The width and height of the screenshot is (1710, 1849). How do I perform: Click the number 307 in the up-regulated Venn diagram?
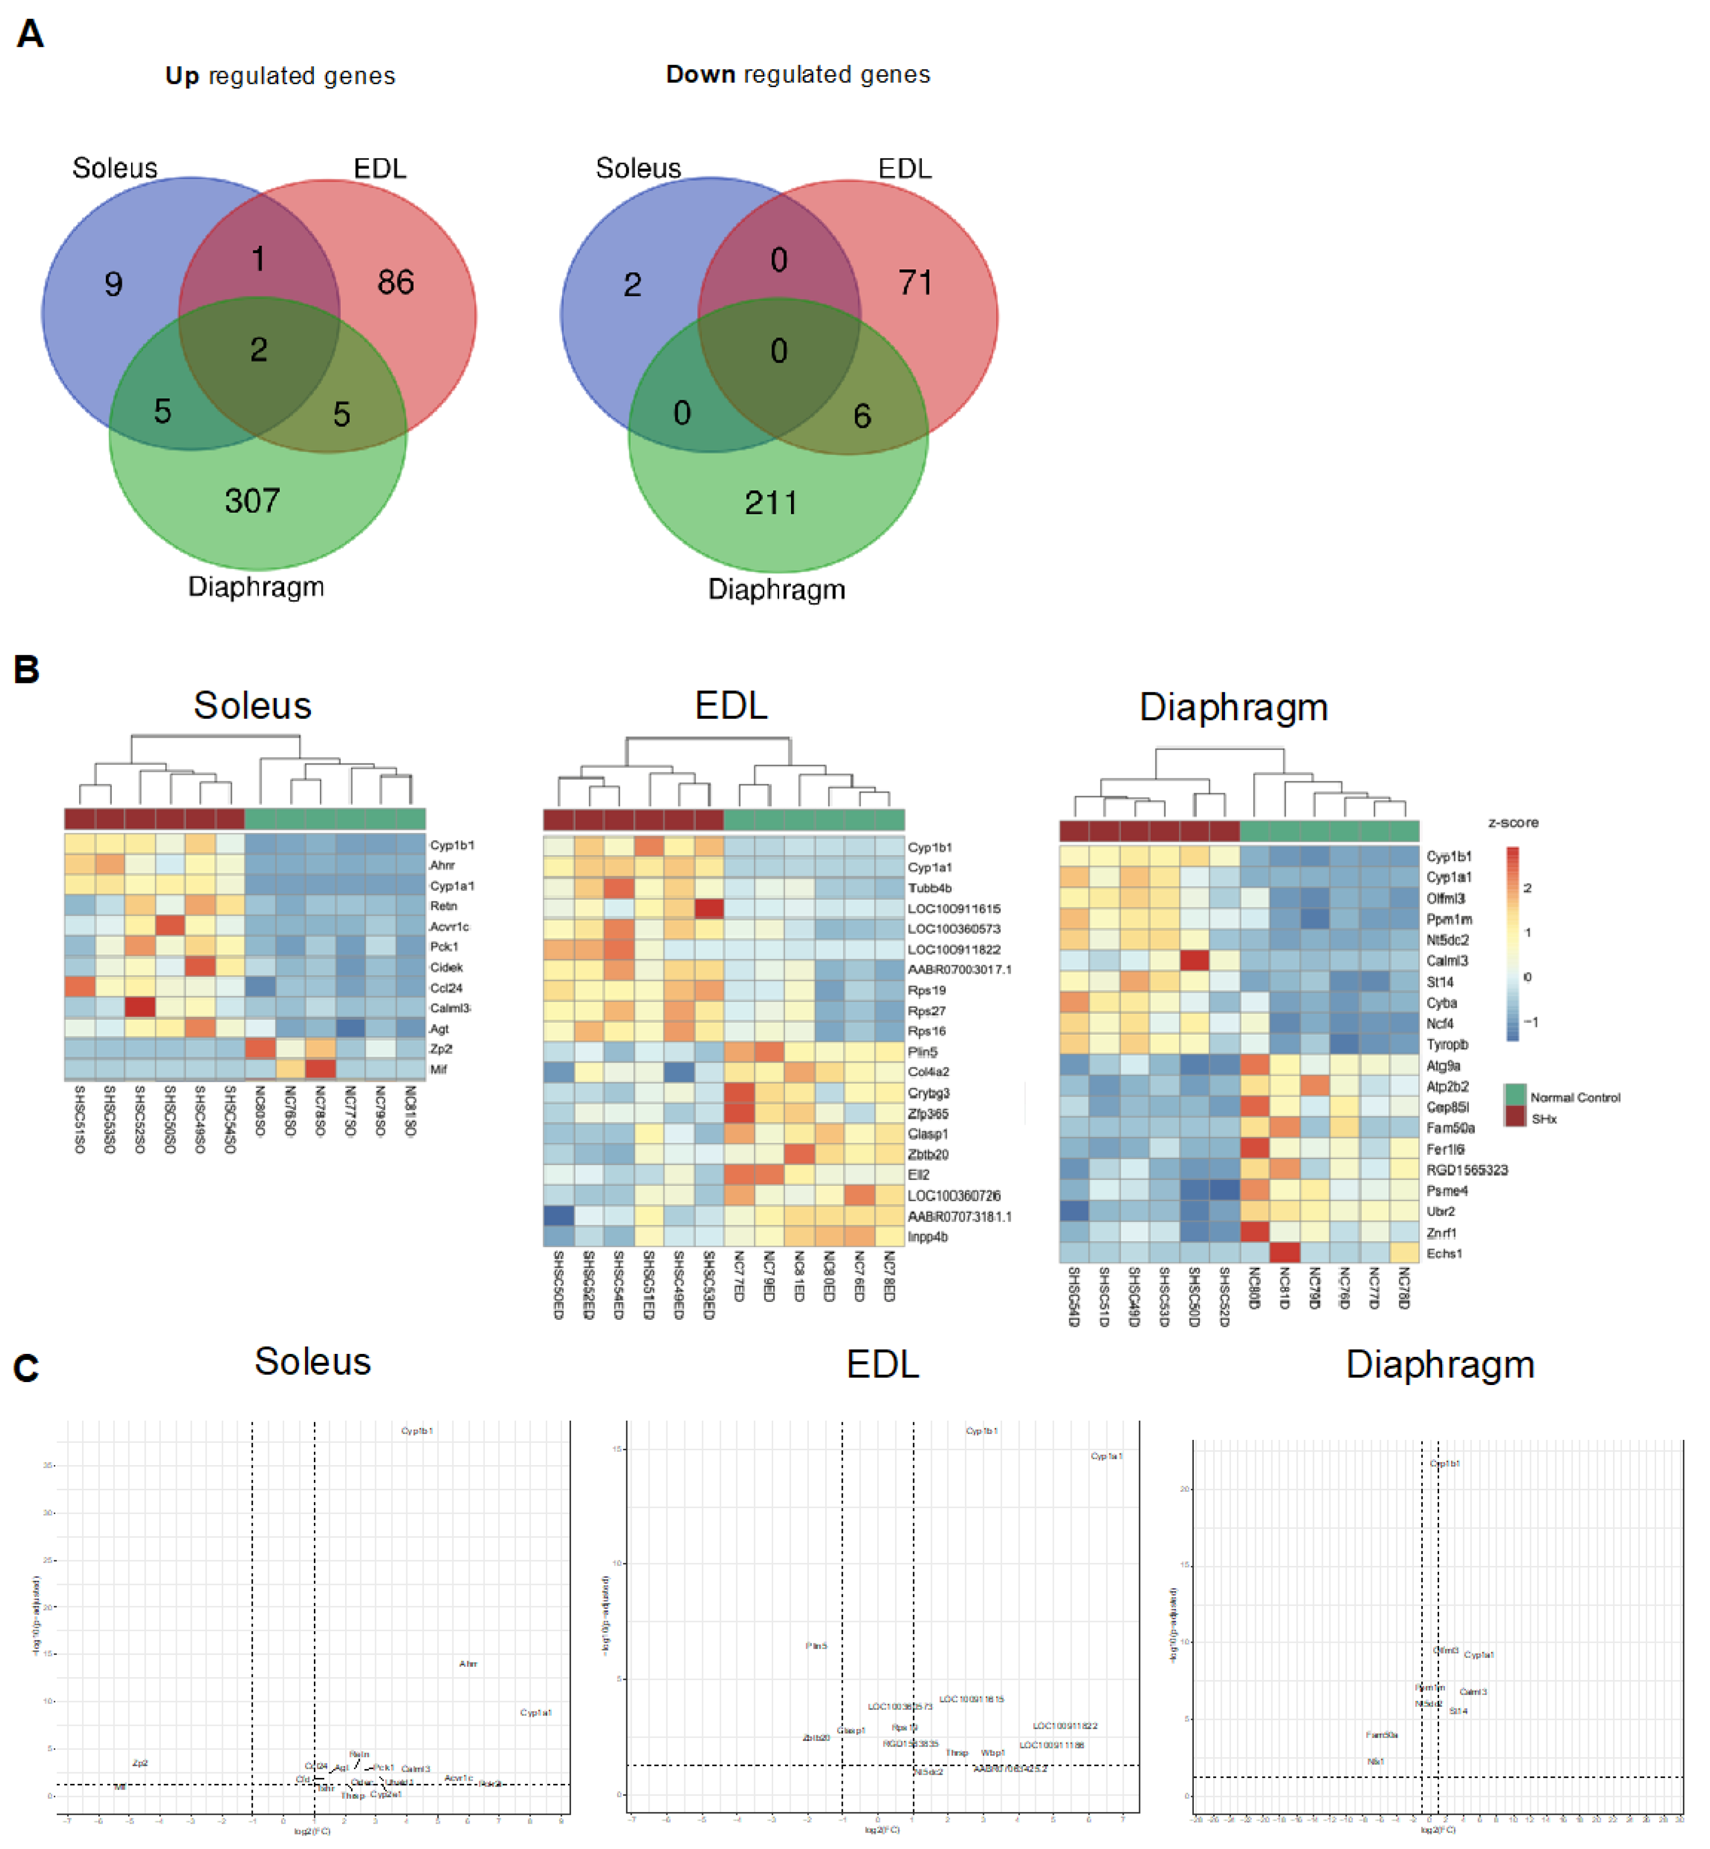tap(252, 501)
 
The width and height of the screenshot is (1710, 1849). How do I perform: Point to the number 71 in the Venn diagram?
tap(915, 282)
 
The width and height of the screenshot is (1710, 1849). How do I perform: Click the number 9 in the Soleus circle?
tap(113, 284)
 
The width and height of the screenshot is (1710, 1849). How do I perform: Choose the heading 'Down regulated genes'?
tap(797, 75)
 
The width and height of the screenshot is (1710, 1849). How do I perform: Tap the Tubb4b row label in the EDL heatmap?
tap(929, 888)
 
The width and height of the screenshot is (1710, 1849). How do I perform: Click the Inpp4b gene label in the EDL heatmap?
tap(927, 1237)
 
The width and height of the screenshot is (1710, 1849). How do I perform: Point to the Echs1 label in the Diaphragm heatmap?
tap(1444, 1253)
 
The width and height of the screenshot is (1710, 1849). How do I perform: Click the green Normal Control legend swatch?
tap(1515, 1095)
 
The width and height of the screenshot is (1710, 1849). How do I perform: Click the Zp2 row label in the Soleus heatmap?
tap(440, 1049)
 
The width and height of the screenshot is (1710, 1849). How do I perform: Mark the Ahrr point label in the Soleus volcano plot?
tap(468, 1664)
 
